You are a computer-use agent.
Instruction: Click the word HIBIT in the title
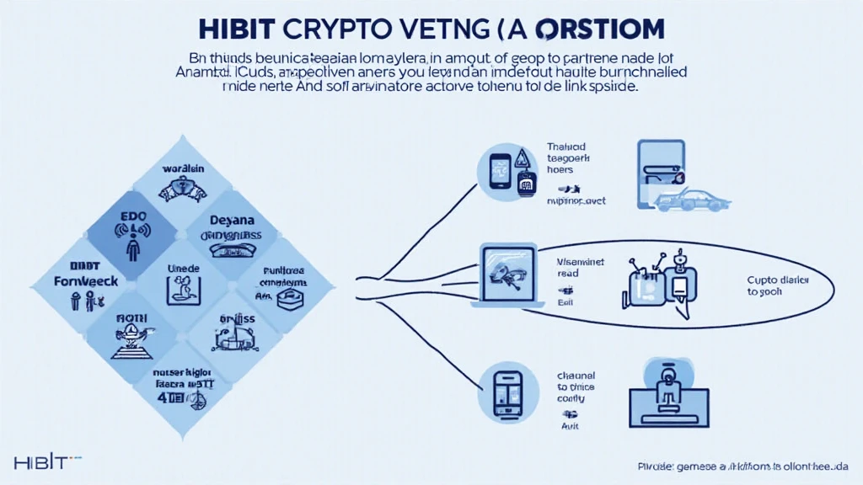pos(239,26)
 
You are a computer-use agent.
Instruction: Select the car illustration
pos(694,200)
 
